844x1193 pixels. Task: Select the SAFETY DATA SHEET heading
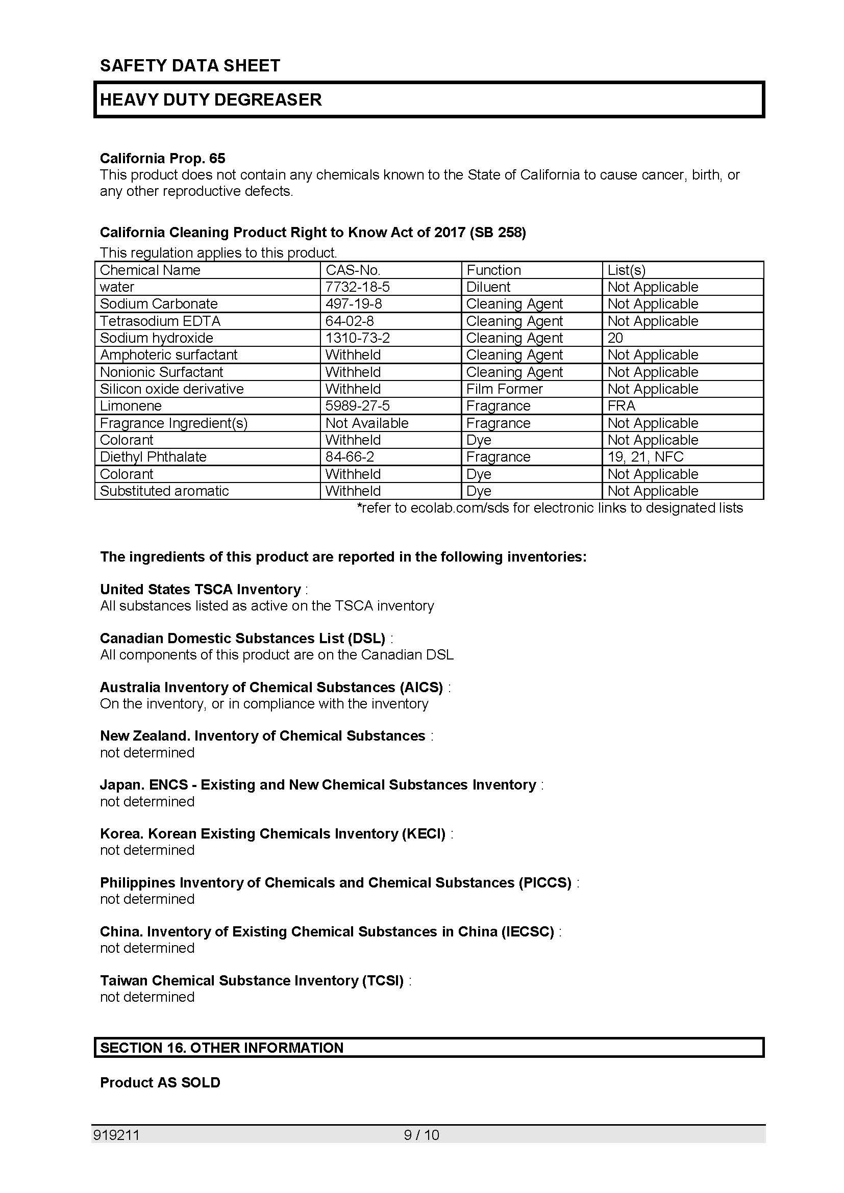190,65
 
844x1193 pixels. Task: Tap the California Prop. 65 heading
162,158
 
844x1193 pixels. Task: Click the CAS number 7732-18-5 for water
357,287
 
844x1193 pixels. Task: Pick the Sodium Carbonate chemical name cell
159,303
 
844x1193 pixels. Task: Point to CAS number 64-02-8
349,321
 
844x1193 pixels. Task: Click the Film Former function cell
504,389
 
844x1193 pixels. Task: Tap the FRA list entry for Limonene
621,406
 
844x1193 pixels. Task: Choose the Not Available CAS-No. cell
367,423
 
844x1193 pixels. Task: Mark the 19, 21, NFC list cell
645,456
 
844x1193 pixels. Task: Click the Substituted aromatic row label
164,491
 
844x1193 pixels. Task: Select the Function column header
493,270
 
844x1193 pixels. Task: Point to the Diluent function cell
488,287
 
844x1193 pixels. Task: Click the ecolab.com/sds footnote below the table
550,507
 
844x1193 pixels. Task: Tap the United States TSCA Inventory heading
200,589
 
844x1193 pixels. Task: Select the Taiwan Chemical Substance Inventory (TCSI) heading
252,980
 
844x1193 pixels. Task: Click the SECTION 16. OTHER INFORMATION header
221,1048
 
